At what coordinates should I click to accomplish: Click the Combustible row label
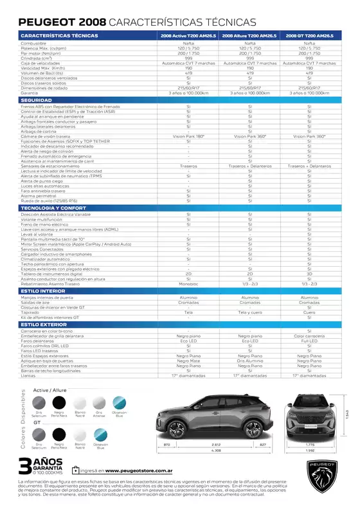33,43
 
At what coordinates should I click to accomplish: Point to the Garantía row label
30,93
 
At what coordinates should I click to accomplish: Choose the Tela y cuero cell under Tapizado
249,312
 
